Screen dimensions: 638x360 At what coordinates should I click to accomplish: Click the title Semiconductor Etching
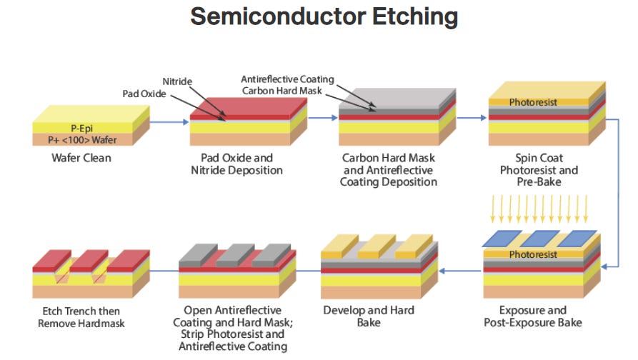324,17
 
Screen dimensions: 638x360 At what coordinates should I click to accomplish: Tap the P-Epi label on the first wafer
81,129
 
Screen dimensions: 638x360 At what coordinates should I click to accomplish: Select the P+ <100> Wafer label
82,140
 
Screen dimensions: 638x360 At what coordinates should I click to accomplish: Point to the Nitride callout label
177,81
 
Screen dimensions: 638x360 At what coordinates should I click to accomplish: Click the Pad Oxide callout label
144,94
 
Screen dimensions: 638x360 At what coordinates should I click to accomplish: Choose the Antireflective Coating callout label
287,79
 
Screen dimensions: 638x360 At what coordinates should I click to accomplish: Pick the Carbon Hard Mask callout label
282,91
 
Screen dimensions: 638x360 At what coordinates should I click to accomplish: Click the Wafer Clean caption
81,158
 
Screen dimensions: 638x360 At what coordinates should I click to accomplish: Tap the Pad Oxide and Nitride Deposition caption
236,164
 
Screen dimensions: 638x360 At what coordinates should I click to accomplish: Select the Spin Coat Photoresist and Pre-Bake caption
539,169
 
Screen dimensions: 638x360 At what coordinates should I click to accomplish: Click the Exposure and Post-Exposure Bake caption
532,316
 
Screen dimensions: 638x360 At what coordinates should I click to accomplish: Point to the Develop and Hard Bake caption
369,316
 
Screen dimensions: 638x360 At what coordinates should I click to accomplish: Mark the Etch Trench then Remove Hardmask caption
81,317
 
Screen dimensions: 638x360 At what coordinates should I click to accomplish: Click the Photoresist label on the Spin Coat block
533,102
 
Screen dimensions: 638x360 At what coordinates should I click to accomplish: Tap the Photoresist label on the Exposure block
533,255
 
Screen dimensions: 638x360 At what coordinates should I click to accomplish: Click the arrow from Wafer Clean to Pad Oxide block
169,121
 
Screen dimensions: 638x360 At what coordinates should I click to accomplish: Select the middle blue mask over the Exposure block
539,239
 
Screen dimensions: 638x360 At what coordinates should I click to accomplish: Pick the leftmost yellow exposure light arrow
493,209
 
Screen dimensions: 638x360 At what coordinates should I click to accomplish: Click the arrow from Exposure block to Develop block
460,271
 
